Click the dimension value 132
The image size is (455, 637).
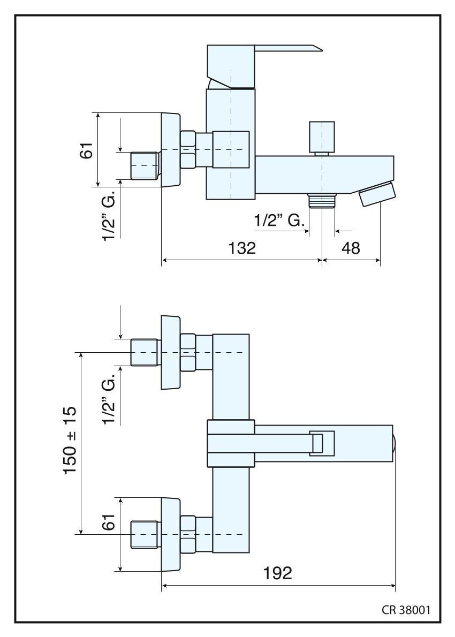241,248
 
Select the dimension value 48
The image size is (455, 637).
351,248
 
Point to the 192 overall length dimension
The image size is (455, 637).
278,573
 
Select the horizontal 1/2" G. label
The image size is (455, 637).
279,219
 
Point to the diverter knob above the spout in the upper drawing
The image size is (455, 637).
322,137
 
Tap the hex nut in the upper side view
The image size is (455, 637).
188,150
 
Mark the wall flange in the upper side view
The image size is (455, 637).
170,150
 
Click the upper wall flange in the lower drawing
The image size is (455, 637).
170,353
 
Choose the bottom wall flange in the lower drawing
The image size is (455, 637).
170,534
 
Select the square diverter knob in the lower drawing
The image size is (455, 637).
322,444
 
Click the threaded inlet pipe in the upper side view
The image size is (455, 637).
145,164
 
